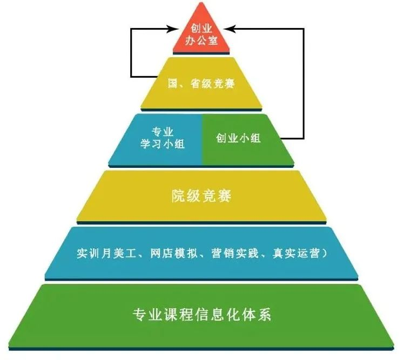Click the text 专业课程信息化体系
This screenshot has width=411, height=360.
(201, 314)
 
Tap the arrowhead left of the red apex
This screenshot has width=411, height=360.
(172, 28)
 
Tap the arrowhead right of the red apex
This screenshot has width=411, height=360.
(229, 28)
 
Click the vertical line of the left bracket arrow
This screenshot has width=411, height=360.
(131, 52)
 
